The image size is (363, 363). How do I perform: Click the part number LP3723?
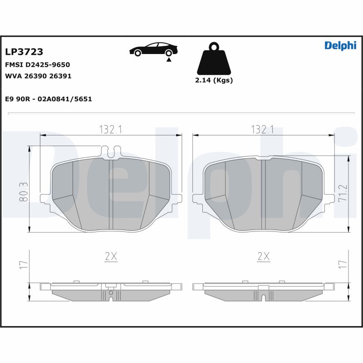24,53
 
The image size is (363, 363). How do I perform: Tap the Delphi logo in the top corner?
340,46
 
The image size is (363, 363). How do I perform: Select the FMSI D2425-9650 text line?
37,65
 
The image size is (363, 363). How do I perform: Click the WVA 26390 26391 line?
38,76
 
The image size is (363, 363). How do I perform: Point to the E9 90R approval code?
49,98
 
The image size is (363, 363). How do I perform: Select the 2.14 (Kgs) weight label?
214,80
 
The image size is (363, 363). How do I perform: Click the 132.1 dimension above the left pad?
111,129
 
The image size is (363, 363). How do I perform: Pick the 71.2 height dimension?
343,194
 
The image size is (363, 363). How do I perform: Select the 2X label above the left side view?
111,257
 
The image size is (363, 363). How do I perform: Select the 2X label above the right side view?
263,257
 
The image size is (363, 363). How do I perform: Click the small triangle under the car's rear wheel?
169,59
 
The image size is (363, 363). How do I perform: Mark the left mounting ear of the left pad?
45,199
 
